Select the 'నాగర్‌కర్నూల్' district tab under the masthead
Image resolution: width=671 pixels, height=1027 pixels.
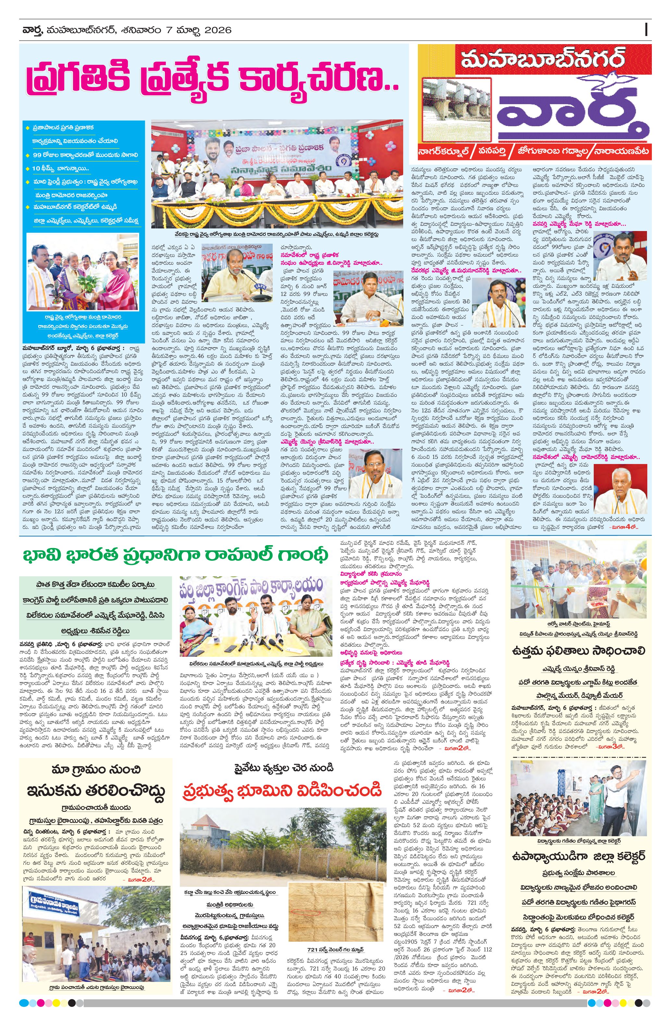point(444,152)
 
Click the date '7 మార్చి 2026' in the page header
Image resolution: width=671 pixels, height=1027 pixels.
point(199,30)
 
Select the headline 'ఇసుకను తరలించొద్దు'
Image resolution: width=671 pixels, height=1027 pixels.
point(96,790)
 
